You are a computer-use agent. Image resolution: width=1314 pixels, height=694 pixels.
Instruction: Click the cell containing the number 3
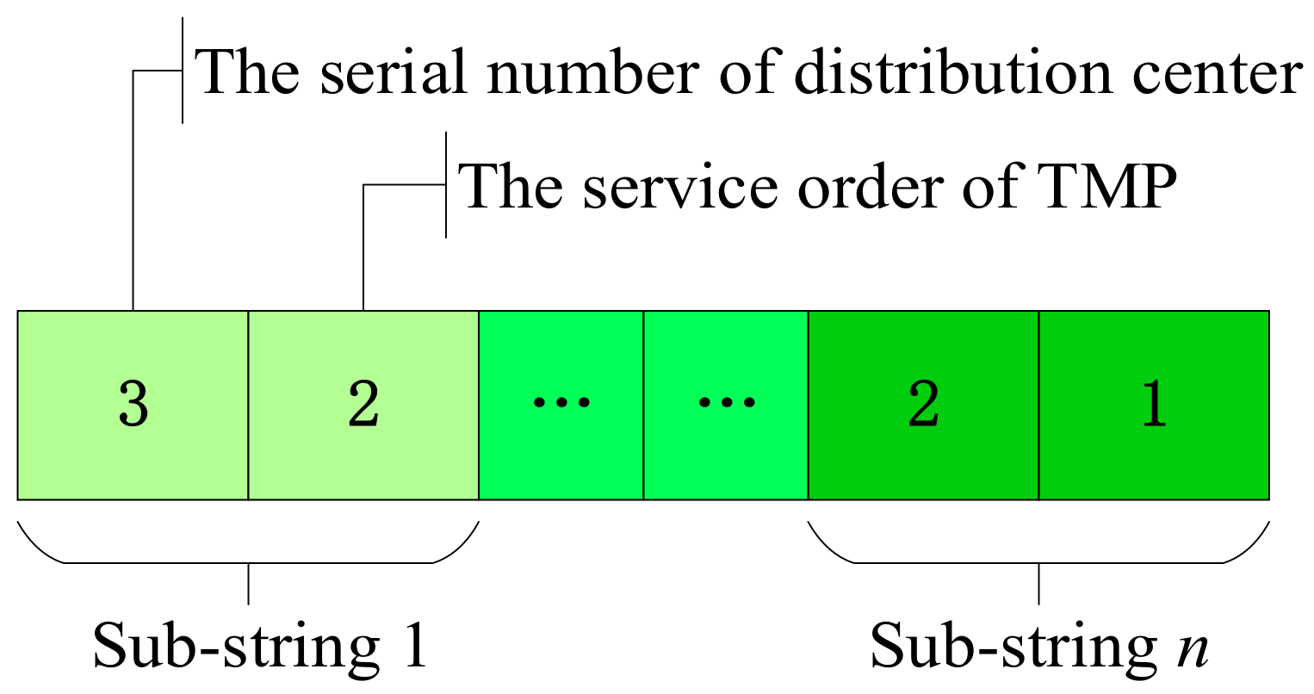(133, 405)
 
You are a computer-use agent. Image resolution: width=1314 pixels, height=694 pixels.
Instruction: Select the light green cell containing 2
(363, 405)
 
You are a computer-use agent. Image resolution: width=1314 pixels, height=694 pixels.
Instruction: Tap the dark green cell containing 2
(923, 405)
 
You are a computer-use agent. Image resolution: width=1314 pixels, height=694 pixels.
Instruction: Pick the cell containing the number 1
(1154, 405)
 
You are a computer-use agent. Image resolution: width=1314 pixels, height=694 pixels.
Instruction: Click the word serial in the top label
(393, 72)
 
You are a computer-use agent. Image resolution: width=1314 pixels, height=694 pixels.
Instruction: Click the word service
(680, 186)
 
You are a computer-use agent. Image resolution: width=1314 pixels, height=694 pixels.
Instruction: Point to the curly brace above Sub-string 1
(248, 551)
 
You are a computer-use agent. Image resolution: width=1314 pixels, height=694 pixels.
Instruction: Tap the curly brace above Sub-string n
(1038, 551)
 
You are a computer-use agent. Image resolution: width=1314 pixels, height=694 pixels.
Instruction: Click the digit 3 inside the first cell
(133, 405)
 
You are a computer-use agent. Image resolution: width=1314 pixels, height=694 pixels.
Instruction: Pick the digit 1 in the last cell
(1154, 405)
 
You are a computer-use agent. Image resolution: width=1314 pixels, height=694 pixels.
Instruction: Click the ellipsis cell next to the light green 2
(561, 405)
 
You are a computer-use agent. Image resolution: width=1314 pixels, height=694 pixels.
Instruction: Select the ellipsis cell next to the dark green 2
(725, 405)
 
